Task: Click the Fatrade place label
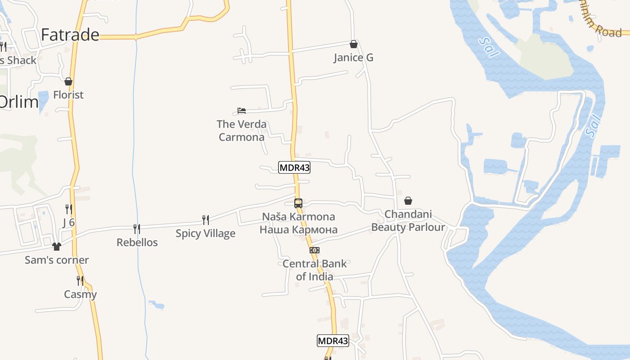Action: point(70,35)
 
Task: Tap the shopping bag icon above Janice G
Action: point(354,44)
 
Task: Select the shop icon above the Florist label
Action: point(68,81)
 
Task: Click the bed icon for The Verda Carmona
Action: point(242,111)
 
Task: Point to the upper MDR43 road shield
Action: point(294,167)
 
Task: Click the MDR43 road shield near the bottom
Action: point(333,341)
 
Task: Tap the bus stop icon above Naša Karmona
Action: point(298,203)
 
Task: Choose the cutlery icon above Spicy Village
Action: point(206,220)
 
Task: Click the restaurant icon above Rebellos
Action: point(137,229)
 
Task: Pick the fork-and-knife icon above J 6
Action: point(68,209)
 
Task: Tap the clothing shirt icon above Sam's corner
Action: point(57,247)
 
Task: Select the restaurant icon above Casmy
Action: point(80,281)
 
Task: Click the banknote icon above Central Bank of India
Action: point(315,250)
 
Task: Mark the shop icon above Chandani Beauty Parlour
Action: point(408,201)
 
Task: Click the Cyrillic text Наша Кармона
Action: point(298,229)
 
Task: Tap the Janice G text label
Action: point(354,58)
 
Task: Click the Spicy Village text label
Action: point(206,233)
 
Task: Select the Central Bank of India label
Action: point(315,270)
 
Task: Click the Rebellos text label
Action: point(137,243)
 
